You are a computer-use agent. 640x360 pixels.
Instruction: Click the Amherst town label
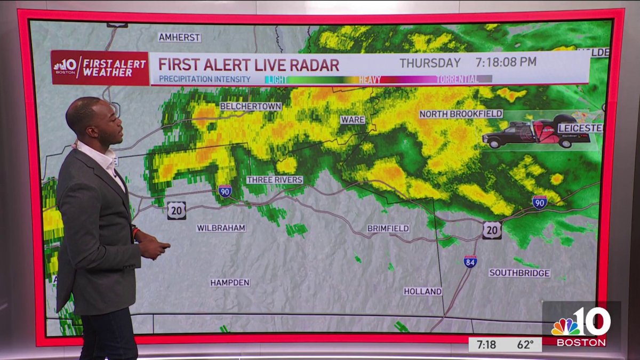click(179, 37)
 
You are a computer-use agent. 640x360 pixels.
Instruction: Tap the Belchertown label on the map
click(250, 107)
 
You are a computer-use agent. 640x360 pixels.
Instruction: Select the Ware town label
click(353, 119)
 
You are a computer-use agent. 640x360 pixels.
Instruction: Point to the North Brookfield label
click(461, 114)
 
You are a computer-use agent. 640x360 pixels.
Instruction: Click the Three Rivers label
click(275, 180)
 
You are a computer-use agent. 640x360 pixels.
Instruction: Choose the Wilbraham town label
click(221, 228)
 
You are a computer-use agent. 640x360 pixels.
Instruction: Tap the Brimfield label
click(388, 228)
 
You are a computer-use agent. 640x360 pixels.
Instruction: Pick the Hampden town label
click(230, 283)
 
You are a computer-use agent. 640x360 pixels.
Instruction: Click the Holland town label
click(422, 291)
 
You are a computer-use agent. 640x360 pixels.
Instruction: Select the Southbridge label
click(519, 273)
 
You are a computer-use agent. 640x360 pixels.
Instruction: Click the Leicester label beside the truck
click(580, 128)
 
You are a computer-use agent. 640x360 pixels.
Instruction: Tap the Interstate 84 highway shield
click(470, 261)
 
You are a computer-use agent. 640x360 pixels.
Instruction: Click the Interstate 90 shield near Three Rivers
click(225, 191)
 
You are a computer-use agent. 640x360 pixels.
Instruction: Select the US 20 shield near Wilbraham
click(177, 211)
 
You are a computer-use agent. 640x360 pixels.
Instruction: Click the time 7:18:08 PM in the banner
click(506, 62)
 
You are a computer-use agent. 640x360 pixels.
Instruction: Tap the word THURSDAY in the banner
click(430, 62)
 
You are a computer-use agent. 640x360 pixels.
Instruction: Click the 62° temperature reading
click(525, 345)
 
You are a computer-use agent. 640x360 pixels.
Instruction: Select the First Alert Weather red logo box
click(100, 68)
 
